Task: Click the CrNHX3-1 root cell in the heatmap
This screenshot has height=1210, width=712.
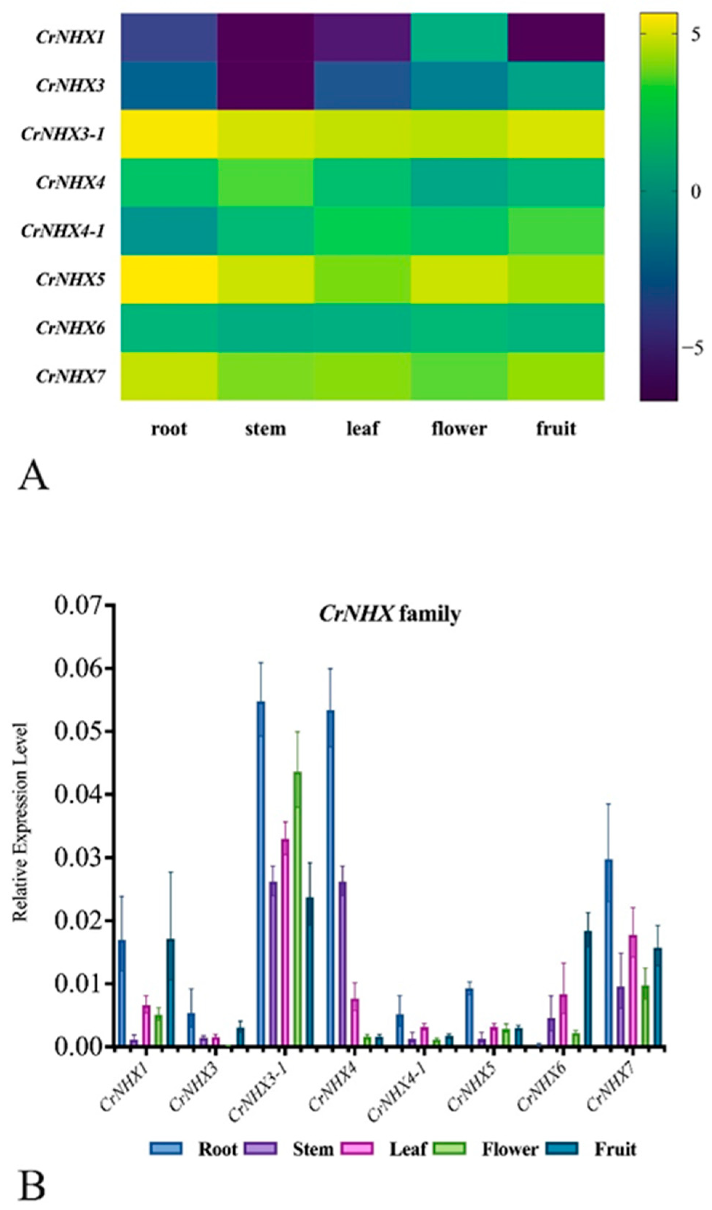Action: [x=169, y=134]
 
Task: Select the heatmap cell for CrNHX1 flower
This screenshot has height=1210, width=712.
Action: [x=459, y=37]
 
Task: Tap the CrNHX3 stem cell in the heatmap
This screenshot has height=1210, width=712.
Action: [x=266, y=85]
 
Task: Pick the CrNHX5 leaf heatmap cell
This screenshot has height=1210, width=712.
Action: [x=362, y=280]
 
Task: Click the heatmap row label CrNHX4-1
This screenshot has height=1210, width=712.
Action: [x=63, y=231]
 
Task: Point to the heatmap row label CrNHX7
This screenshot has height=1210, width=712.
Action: [x=71, y=377]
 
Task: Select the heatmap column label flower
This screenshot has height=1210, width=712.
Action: [x=459, y=428]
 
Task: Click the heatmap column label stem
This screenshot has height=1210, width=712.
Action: [x=266, y=428]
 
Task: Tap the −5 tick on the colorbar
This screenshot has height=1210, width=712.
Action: [x=693, y=349]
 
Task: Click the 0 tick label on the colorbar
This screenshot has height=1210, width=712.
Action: [x=696, y=192]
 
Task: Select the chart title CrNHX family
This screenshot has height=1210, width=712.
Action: [x=390, y=614]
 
